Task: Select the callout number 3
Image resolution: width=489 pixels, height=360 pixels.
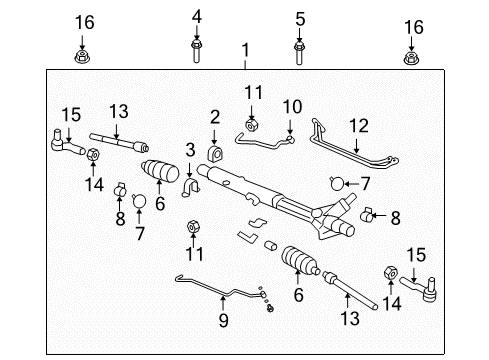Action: [189, 150]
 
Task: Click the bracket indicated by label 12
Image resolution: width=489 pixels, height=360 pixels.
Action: [356, 150]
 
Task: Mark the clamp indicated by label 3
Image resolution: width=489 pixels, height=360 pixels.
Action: [192, 188]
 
